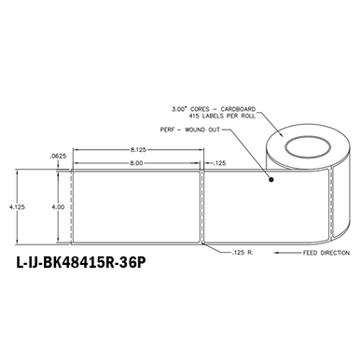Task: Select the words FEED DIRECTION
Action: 317,253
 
